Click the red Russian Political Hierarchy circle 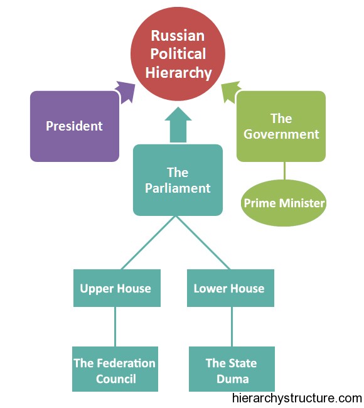click(178, 54)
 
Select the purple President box click(75, 126)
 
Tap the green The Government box click(281, 126)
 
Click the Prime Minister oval click(284, 203)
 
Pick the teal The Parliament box click(178, 180)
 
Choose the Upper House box click(117, 288)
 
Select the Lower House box click(230, 288)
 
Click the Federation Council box click(115, 369)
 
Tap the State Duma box click(232, 369)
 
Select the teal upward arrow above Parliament click(178, 125)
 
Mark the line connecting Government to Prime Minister click(284, 171)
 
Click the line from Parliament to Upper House click(148, 243)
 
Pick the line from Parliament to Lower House click(203, 243)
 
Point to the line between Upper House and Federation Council click(115, 326)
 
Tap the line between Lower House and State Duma click(232, 326)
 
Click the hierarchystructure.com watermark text click(297, 399)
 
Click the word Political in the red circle click(178, 54)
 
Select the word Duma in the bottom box click(233, 379)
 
